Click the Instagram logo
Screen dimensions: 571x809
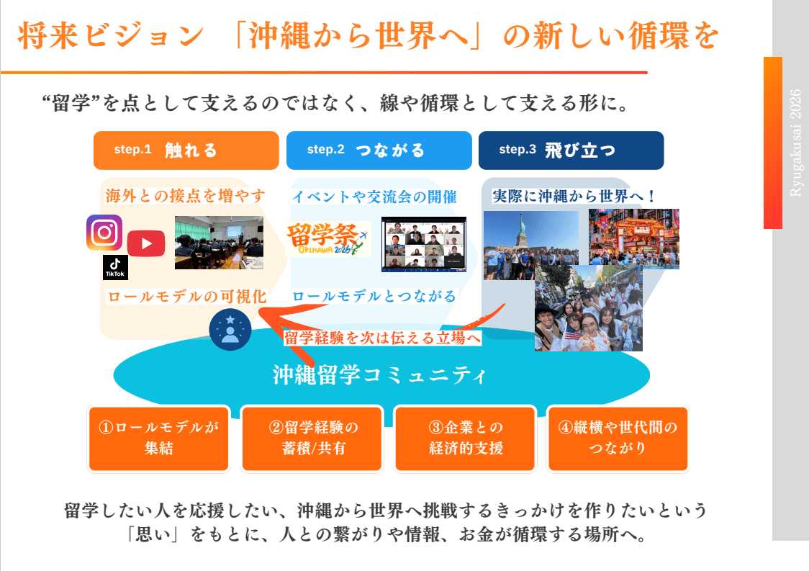[x=104, y=233]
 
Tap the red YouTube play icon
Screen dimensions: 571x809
[x=146, y=243]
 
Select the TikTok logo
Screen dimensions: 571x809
[x=115, y=267]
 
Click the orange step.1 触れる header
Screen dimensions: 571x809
[x=186, y=150]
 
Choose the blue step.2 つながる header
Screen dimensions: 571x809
[x=379, y=150]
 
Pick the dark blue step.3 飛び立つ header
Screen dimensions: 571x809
[x=571, y=150]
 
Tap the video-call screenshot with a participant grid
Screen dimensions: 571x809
[x=424, y=244]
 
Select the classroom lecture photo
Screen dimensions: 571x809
[x=219, y=243]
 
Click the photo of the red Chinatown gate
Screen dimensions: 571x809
[x=633, y=238]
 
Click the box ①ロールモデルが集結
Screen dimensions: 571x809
[x=158, y=438]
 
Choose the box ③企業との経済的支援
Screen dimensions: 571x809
[x=466, y=438]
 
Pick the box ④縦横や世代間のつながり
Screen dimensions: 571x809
[x=618, y=438]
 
